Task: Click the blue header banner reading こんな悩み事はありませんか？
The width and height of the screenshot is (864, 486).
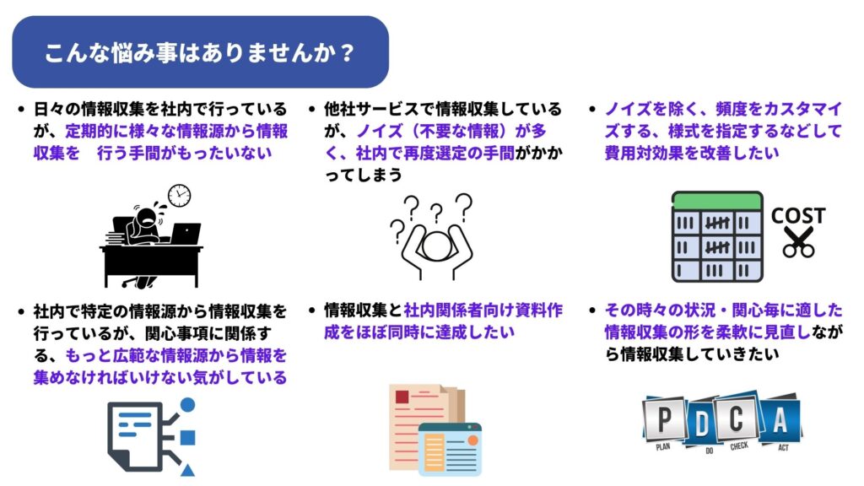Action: coord(201,51)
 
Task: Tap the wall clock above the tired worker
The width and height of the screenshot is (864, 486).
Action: coord(179,196)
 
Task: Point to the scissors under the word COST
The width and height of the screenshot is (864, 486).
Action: coord(799,242)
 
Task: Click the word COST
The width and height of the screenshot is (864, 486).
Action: coord(798,215)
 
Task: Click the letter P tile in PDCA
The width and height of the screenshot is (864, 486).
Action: coord(665,420)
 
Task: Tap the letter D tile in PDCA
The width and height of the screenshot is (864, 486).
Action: coord(702,424)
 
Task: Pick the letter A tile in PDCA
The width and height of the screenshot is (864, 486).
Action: coord(780,420)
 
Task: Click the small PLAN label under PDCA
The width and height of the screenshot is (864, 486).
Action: coord(663,446)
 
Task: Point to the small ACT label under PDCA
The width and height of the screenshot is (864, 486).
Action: coord(783,447)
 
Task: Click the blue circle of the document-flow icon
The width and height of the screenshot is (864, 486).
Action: coord(188,405)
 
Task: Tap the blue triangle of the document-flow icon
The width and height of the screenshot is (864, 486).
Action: coord(187,470)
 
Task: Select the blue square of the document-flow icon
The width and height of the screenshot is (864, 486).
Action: coord(188,438)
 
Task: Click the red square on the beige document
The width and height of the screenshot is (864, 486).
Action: coord(402,397)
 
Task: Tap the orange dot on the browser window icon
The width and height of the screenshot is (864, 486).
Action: coord(472,440)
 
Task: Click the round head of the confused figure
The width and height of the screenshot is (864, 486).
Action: coord(436,246)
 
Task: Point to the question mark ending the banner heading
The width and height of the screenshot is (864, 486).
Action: coord(347,53)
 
